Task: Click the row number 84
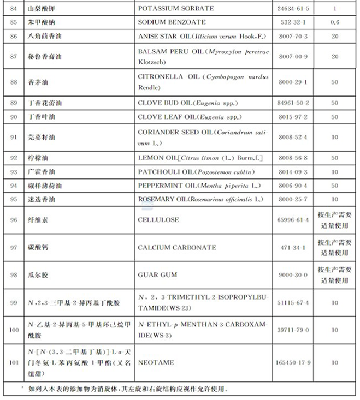click(x=14, y=9)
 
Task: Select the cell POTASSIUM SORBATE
click(x=175, y=9)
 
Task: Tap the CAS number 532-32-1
click(x=294, y=22)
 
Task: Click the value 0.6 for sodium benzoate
click(x=334, y=22)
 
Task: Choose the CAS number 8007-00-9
click(x=294, y=56)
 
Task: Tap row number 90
click(x=14, y=117)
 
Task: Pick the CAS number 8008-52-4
click(x=294, y=137)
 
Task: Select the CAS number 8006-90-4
click(x=294, y=186)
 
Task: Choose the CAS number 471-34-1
click(x=294, y=247)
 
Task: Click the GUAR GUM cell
click(x=157, y=274)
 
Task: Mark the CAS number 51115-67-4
click(x=294, y=302)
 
